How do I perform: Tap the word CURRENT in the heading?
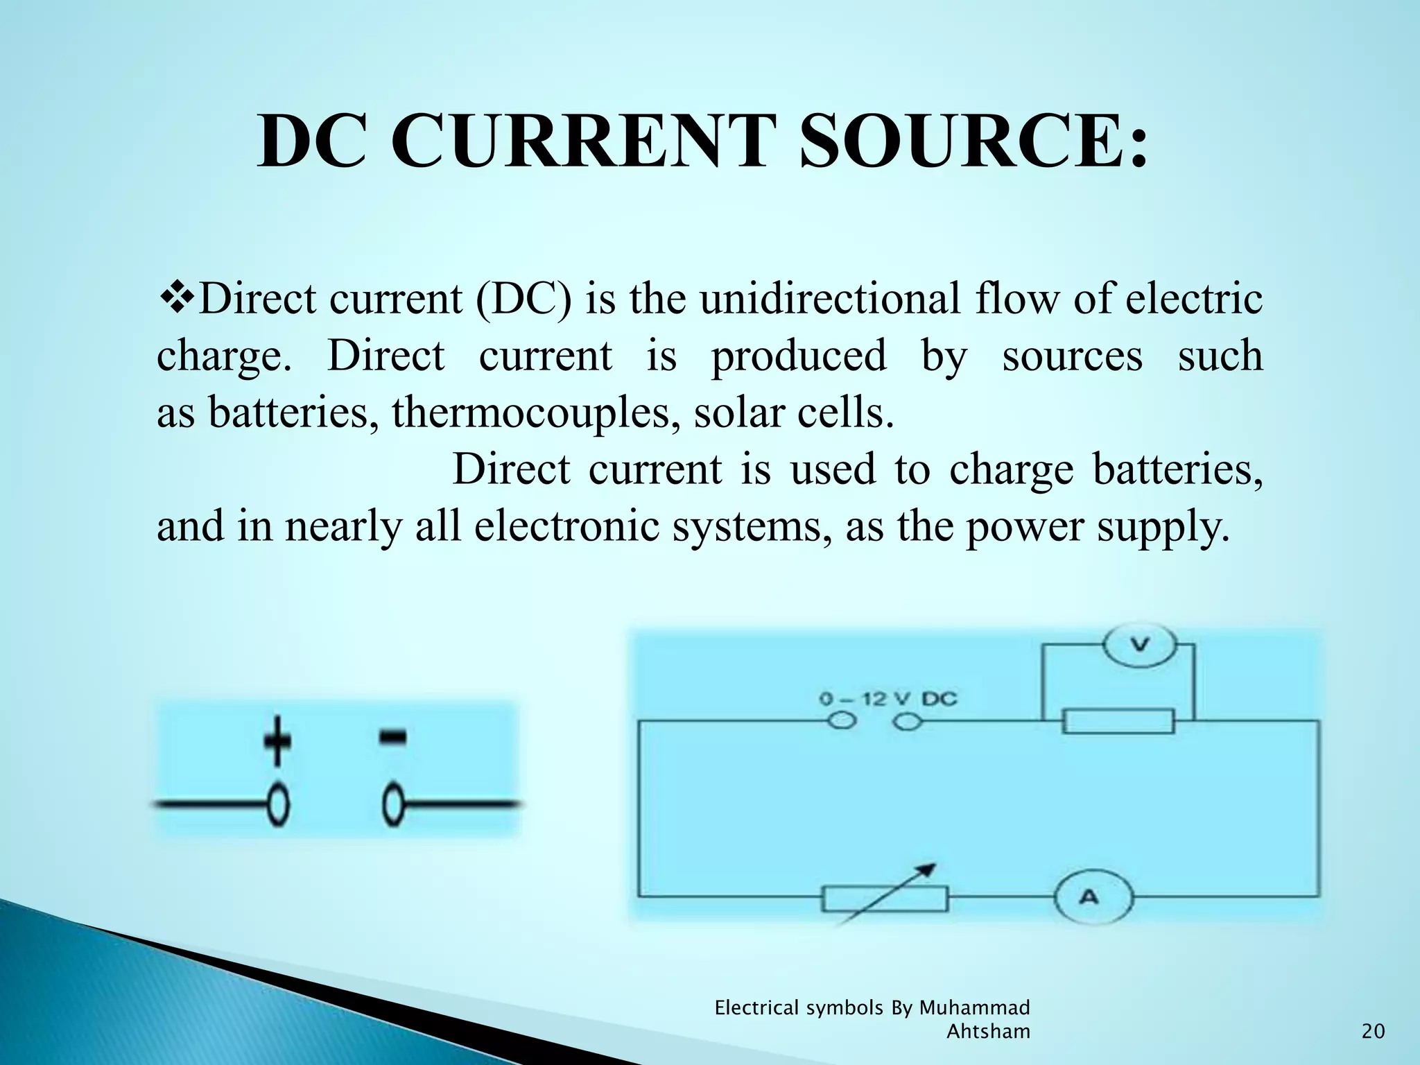pos(582,142)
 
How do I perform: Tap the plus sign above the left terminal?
pos(277,741)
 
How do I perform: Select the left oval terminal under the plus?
pos(278,805)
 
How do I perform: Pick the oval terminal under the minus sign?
pos(393,805)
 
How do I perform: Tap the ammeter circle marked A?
pos(1091,897)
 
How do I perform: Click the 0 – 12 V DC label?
pos(887,699)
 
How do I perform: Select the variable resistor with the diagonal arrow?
pos(885,899)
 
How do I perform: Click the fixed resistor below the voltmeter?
pos(1118,721)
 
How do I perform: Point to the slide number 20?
pos(1373,1032)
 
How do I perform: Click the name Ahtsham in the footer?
pos(988,1032)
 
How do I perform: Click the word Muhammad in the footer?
pos(974,1007)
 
